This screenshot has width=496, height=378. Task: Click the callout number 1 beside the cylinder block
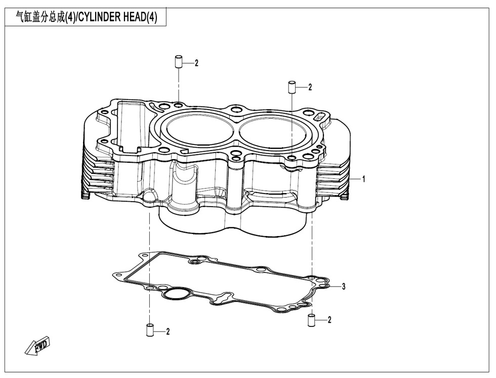[x=363, y=179]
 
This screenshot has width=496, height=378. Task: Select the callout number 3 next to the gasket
[x=344, y=287]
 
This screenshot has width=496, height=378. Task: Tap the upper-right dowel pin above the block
[x=292, y=86]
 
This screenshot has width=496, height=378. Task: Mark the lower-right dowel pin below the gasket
[x=312, y=319]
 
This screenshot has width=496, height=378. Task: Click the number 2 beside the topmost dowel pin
[x=197, y=64]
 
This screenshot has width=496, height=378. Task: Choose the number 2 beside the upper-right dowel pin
[x=310, y=87]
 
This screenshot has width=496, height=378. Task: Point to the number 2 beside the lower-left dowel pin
[x=168, y=332]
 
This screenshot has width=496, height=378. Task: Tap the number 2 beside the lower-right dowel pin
[x=329, y=319]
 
